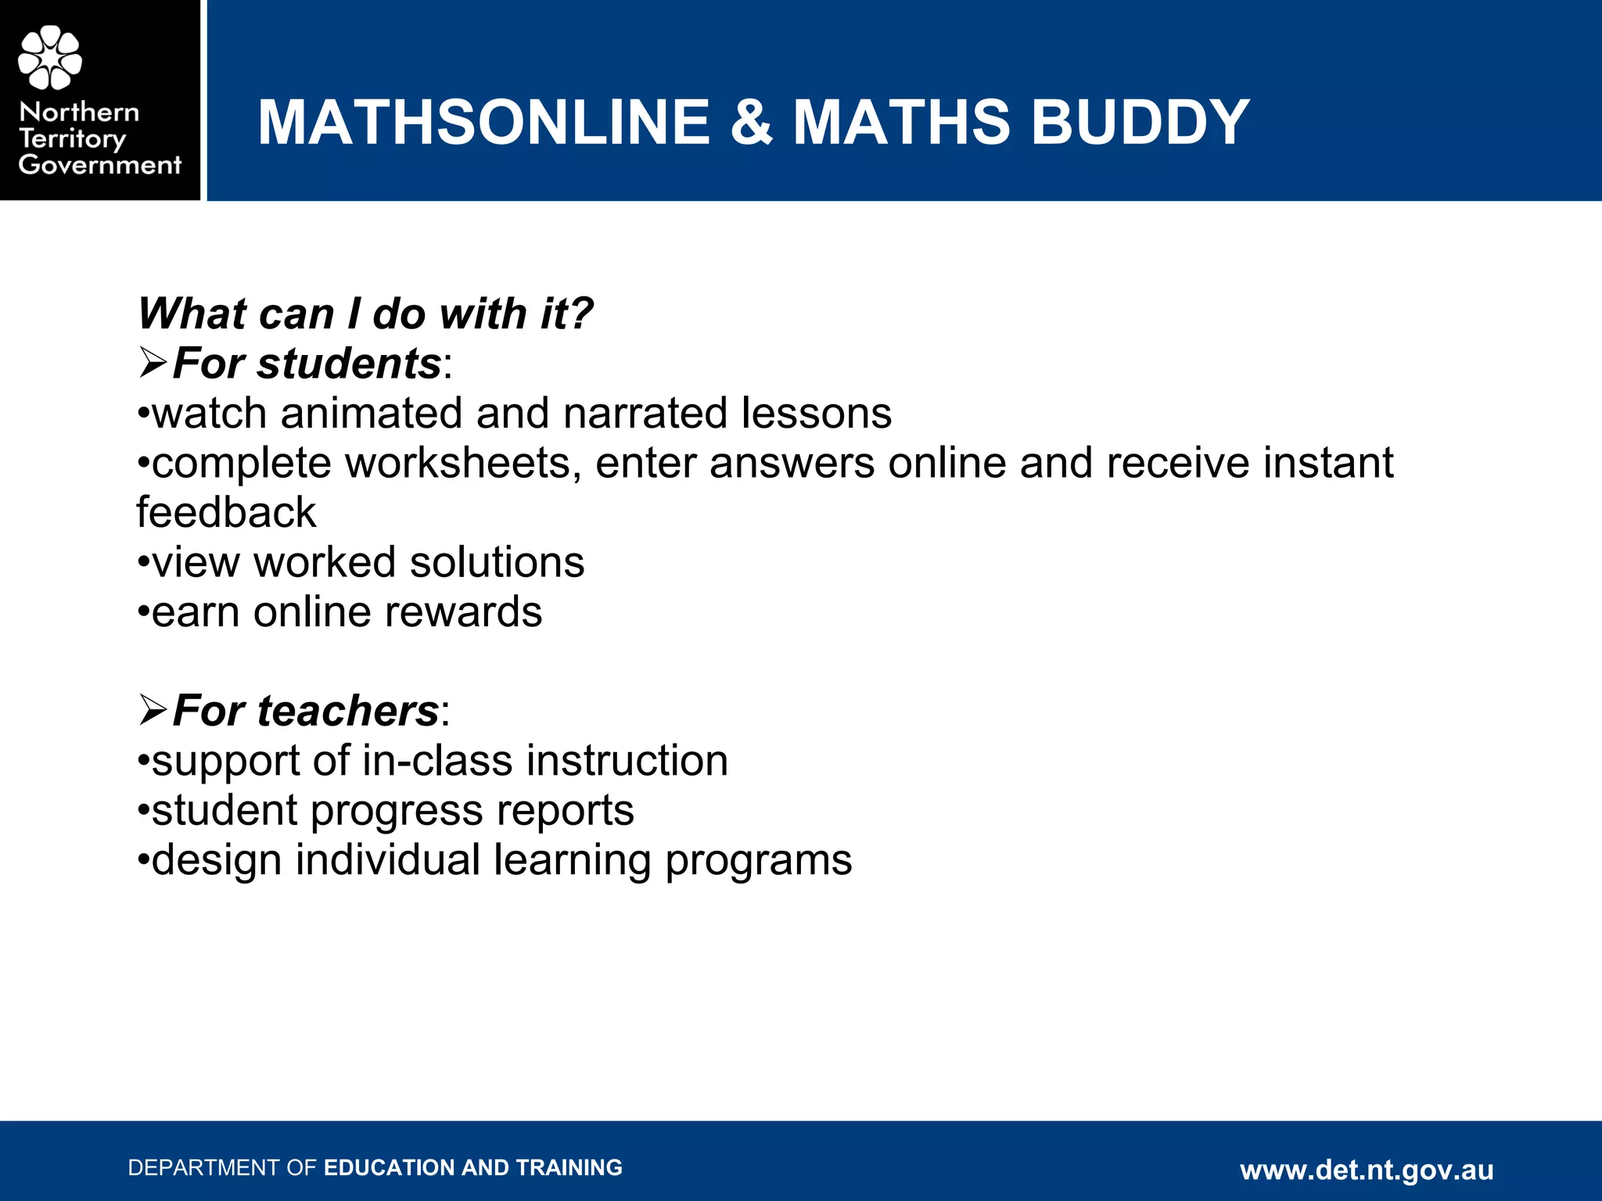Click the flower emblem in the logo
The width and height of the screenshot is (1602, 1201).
(50, 57)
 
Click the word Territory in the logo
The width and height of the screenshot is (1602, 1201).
(72, 139)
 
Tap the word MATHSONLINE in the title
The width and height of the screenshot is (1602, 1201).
(483, 122)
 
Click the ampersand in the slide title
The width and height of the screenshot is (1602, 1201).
(752, 122)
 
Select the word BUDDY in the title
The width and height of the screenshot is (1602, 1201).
(1140, 122)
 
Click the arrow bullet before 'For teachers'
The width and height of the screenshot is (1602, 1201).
(153, 710)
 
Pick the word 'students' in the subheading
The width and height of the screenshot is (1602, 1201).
(349, 364)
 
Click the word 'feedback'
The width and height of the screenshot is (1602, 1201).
(226, 512)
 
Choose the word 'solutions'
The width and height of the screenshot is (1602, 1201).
(497, 562)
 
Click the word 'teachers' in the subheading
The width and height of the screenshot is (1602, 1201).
(347, 711)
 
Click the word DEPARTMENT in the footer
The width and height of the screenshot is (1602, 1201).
(204, 1167)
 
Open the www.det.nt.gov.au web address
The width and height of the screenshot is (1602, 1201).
(1367, 1170)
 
